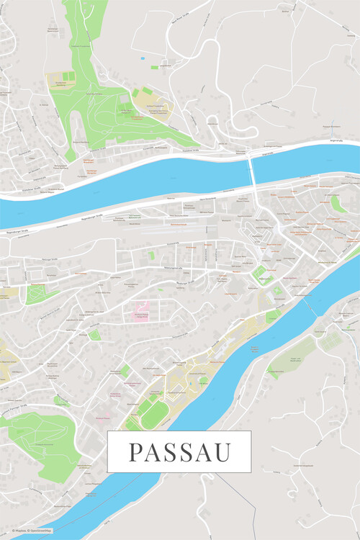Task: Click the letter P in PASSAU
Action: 135,453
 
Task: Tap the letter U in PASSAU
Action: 222,453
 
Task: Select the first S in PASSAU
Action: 171,453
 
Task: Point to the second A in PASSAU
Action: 203,453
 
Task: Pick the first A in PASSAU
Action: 153,453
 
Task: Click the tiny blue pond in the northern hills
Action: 143,57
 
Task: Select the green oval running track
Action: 153,412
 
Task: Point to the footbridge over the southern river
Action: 312,307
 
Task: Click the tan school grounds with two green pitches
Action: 63,80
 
